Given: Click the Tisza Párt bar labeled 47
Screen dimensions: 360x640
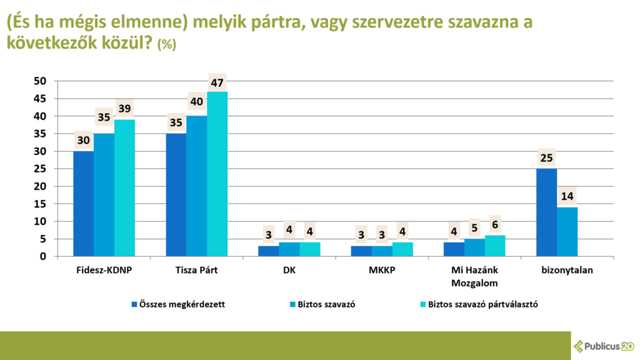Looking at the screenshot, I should (217, 174).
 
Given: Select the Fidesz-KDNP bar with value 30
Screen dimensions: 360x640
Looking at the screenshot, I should (83, 204).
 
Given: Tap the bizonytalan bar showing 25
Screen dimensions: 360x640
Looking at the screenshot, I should (547, 212).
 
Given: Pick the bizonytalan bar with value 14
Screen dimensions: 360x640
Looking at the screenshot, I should (567, 231).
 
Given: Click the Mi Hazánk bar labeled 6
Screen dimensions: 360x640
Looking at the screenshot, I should (495, 246).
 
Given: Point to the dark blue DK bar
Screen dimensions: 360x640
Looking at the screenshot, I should (269, 251).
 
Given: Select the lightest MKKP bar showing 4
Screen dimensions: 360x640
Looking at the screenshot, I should (402, 249).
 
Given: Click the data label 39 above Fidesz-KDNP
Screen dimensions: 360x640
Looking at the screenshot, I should (124, 109).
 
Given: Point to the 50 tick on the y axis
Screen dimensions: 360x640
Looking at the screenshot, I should (40, 81).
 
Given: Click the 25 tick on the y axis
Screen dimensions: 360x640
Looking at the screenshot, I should (40, 169).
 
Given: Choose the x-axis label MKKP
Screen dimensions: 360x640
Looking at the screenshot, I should (382, 271).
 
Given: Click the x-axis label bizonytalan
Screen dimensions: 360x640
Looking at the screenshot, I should (567, 271).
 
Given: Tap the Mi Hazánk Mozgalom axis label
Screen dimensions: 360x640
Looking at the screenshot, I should (474, 276).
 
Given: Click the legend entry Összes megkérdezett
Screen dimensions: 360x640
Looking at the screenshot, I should (182, 304).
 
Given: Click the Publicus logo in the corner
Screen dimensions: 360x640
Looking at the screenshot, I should (604, 345).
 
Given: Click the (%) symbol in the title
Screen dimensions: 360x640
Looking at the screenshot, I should (167, 44).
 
